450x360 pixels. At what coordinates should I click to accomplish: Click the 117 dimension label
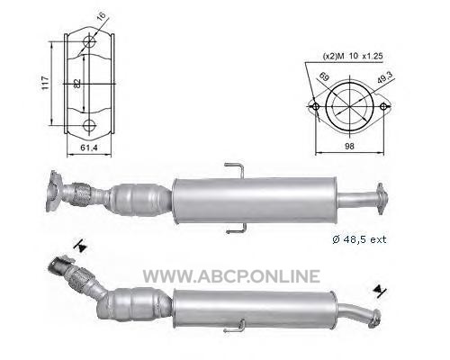coord(45,83)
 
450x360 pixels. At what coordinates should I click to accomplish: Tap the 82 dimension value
coord(77,83)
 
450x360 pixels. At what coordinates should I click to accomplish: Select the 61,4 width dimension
coord(89,148)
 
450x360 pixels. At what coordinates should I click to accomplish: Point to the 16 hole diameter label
coord(102,16)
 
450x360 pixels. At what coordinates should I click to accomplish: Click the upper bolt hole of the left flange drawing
coord(89,41)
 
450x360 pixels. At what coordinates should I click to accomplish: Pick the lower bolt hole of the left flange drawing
coord(89,125)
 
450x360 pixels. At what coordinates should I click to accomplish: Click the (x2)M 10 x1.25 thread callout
coord(353,56)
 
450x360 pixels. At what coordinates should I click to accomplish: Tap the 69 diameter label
coord(324,76)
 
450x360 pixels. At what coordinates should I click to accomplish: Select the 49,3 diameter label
coord(385,78)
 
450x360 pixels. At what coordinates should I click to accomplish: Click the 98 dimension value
coord(350,146)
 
